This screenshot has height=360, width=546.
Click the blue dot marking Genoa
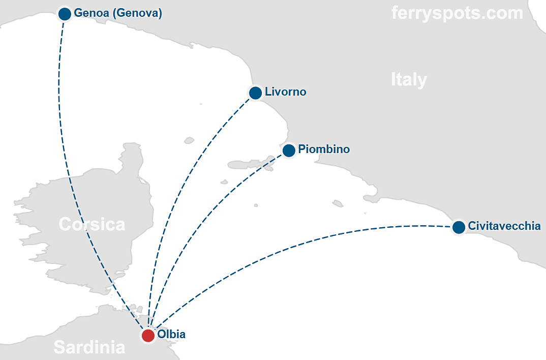(x=65, y=14)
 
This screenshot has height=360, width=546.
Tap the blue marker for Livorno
(x=255, y=93)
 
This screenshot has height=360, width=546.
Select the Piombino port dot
(x=289, y=150)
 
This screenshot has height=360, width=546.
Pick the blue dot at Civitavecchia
(x=459, y=227)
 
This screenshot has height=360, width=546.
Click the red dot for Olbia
(x=148, y=336)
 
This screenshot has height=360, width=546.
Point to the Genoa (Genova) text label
(x=118, y=13)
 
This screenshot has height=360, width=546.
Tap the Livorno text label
(x=285, y=92)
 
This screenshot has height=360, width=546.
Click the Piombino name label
(x=324, y=149)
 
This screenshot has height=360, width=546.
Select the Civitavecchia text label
(x=504, y=226)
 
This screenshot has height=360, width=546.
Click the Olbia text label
(x=171, y=335)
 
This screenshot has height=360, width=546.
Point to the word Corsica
(x=92, y=224)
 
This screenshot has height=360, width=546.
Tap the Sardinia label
(x=89, y=347)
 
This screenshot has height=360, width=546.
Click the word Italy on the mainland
(x=409, y=80)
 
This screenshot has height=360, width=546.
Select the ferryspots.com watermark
(x=457, y=13)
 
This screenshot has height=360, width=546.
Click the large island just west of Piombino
(x=244, y=164)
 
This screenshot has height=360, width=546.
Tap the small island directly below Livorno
(x=190, y=140)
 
